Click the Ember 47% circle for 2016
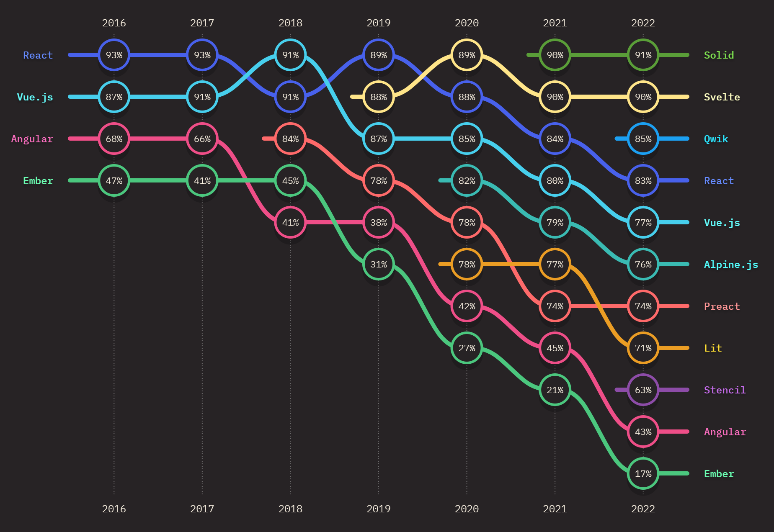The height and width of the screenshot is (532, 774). pos(114,180)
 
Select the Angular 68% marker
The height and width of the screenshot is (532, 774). pos(114,139)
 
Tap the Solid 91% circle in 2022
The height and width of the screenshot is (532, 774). pos(643,55)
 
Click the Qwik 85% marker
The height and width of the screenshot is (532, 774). pos(643,139)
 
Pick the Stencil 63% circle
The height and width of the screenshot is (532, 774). pos(643,390)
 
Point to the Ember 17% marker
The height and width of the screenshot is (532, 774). pos(643,473)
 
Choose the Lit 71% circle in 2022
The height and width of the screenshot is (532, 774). pos(643,348)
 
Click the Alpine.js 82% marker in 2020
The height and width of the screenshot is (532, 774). pos(467,180)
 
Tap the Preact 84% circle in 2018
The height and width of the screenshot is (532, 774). pos(290,139)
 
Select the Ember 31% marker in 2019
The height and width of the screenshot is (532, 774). pos(378,264)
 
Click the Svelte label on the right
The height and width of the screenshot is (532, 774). pos(722,97)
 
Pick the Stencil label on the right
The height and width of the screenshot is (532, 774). pos(725,390)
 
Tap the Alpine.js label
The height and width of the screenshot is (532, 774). pos(731,265)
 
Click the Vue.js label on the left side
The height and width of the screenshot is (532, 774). pos(35,97)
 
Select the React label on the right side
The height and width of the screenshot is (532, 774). pos(719,181)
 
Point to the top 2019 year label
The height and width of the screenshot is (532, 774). pos(378,23)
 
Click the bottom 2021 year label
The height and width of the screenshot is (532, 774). pos(555,509)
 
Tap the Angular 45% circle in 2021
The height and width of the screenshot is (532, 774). pos(555,348)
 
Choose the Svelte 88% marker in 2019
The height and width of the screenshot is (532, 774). pos(378,97)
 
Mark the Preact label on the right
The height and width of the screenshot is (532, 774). pos(722,306)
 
